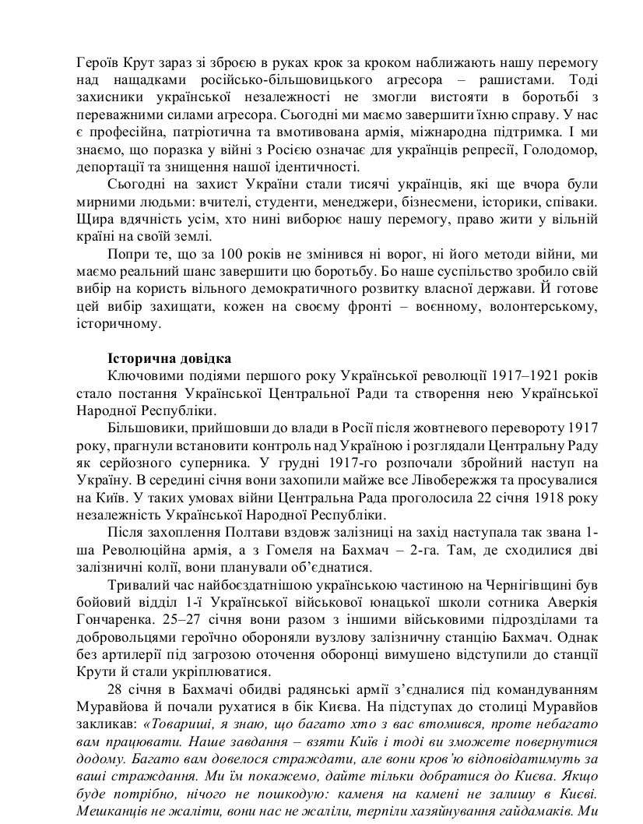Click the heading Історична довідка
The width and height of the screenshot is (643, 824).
pos(169,359)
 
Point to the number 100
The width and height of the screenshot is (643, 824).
pos(216,256)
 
